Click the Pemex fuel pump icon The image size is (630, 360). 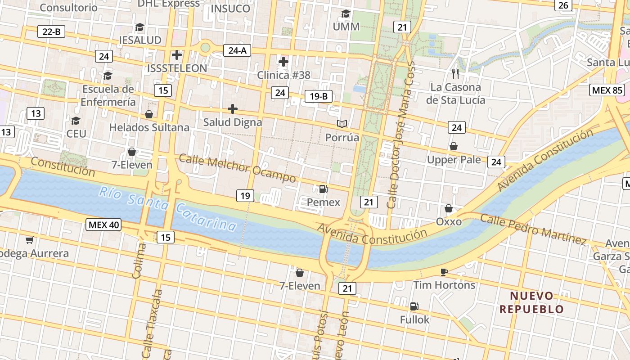click(323, 189)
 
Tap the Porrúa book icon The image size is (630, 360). click(342, 124)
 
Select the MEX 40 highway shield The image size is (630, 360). click(104, 225)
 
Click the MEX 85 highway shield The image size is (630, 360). click(607, 90)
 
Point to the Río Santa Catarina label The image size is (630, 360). click(167, 209)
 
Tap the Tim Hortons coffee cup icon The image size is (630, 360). click(444, 272)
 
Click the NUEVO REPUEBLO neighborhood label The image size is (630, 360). click(531, 302)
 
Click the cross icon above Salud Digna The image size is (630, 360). click(232, 109)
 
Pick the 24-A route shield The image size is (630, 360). click(237, 50)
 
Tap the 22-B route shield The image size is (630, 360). click(51, 31)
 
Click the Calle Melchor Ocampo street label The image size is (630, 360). click(237, 168)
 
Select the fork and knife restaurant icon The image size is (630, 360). click(455, 74)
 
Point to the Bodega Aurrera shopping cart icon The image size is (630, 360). click(30, 240)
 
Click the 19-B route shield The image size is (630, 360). click(319, 96)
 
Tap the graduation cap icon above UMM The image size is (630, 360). click(346, 13)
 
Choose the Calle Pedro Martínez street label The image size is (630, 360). click(533, 229)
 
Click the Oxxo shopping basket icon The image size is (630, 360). click(449, 208)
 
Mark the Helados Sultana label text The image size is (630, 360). click(149, 127)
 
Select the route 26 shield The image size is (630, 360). click(563, 5)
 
